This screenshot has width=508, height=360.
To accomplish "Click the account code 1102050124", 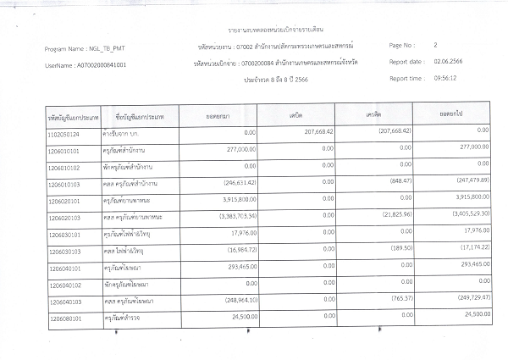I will pyautogui.click(x=67, y=158).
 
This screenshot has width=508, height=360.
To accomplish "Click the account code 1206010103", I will pyautogui.click(x=67, y=183).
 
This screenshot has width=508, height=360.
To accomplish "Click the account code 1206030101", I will pyautogui.click(x=67, y=233).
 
